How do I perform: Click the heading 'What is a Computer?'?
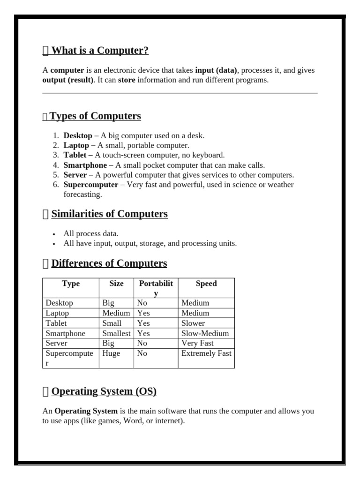[x=100, y=51]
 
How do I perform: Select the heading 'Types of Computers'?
[x=95, y=116]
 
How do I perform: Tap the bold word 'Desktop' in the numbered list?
[x=78, y=135]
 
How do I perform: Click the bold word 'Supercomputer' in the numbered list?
[x=91, y=185]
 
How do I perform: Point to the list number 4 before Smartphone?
[x=55, y=165]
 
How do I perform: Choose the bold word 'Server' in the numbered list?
[x=75, y=175]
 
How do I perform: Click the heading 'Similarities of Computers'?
[x=109, y=214]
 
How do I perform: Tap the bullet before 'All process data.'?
[x=54, y=234]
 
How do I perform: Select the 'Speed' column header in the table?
[x=206, y=284]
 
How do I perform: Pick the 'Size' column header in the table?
[x=116, y=284]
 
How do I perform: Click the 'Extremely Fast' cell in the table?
[x=206, y=353]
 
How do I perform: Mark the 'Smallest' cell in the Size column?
[x=116, y=333]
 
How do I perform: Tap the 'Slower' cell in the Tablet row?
[x=193, y=323]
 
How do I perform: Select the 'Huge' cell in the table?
[x=111, y=353]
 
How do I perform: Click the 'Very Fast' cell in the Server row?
[x=197, y=343]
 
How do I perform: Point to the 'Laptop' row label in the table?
[x=57, y=313]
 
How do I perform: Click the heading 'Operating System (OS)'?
[x=104, y=391]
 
